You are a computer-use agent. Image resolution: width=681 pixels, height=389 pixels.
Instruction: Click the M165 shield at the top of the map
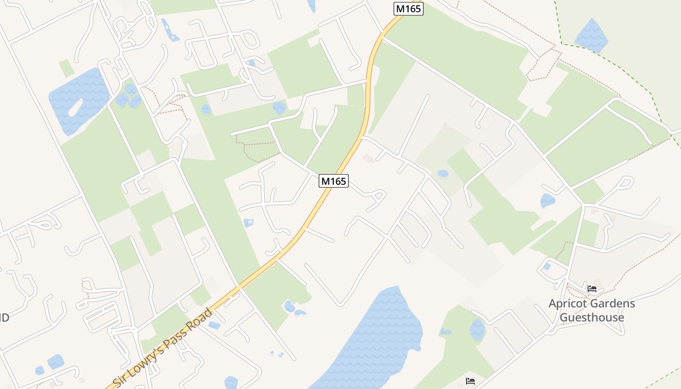pos(408,8)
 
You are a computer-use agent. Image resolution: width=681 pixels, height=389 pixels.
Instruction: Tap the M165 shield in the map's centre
pos(334,181)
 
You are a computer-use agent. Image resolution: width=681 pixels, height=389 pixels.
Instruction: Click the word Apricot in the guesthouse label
pos(568,304)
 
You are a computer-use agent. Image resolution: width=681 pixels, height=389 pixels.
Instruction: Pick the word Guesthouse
pos(591,318)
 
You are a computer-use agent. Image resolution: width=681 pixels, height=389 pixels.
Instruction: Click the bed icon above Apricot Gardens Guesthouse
pos(592,288)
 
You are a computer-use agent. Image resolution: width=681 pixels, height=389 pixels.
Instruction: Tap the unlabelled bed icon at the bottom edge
pos(470,381)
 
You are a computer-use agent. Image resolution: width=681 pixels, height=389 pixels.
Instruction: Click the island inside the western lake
pos(74,109)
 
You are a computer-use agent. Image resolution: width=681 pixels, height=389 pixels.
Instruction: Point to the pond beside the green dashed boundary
pos(591,35)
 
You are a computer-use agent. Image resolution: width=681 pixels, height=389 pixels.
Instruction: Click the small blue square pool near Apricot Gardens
pos(547,266)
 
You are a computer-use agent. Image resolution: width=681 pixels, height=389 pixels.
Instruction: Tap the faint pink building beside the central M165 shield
pos(368,158)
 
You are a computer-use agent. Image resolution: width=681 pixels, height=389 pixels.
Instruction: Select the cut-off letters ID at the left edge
pos(4,318)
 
